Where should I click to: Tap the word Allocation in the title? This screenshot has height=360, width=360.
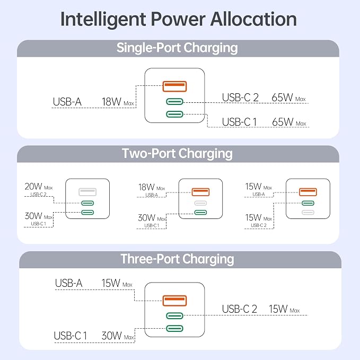[253, 19]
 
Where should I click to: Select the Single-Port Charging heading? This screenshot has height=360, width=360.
[177, 48]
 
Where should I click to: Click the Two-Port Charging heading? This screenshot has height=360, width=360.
[177, 154]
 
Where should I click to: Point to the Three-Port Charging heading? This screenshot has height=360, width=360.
[177, 259]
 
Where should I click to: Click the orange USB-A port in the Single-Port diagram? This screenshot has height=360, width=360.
[174, 86]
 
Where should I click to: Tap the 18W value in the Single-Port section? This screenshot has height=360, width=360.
[111, 102]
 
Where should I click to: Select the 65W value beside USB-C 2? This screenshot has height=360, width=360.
[282, 98]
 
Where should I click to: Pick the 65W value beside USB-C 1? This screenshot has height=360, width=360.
[283, 122]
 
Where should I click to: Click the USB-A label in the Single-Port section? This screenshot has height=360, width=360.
[67, 102]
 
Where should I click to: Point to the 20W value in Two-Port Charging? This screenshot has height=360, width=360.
[33, 187]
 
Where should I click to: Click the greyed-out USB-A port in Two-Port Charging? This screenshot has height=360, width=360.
[87, 192]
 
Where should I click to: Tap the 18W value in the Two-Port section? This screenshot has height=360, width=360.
[146, 187]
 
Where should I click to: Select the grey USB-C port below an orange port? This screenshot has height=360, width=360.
[200, 203]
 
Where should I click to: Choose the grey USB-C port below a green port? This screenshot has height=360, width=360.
[308, 213]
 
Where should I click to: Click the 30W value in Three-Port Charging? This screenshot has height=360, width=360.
[111, 336]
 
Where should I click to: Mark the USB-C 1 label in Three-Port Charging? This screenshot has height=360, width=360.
[71, 336]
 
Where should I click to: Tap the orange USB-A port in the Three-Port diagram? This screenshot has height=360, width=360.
[174, 301]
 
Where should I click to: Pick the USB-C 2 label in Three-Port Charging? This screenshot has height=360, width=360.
[239, 309]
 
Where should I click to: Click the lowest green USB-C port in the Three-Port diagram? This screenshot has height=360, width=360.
[174, 328]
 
